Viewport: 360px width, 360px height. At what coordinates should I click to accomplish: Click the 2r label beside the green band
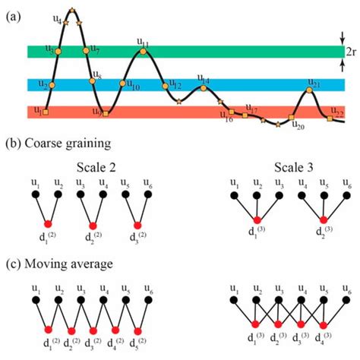[x=349, y=52]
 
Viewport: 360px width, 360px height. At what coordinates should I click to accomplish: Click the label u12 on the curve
[x=175, y=84]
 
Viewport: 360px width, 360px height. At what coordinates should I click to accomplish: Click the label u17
[x=251, y=110]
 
